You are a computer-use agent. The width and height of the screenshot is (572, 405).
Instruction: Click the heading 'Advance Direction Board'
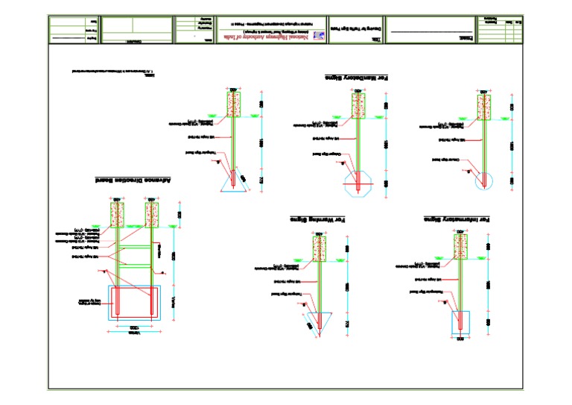(x=134, y=180)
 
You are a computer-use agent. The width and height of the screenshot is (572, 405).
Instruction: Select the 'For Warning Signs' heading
(x=318, y=219)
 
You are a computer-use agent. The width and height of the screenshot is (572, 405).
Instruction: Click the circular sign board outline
(x=483, y=180)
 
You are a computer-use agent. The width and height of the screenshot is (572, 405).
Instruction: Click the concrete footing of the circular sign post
(x=483, y=104)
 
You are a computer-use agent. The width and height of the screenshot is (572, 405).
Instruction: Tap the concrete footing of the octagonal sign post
(x=358, y=104)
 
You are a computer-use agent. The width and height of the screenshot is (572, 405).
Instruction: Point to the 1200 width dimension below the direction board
(x=134, y=328)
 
